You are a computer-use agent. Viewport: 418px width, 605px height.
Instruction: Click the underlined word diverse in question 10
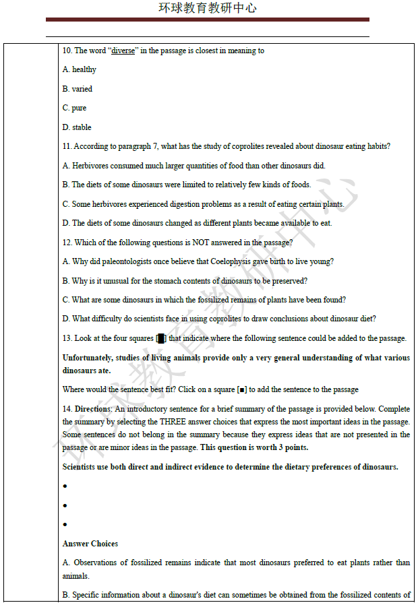(123, 51)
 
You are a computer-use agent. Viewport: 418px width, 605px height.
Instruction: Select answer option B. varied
(78, 89)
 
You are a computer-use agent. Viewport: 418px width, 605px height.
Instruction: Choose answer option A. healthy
(80, 69)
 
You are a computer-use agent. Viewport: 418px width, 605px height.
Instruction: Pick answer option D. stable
(77, 127)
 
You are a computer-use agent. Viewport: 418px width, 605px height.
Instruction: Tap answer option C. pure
(74, 108)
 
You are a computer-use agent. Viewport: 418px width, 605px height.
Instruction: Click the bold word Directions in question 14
(92, 409)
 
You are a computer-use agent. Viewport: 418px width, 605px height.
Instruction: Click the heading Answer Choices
(90, 544)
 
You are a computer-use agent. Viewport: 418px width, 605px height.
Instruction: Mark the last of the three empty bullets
(65, 524)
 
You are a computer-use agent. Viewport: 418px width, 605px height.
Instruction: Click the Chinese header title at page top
(208, 8)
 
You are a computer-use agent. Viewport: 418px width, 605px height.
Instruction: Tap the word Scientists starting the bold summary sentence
(82, 467)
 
